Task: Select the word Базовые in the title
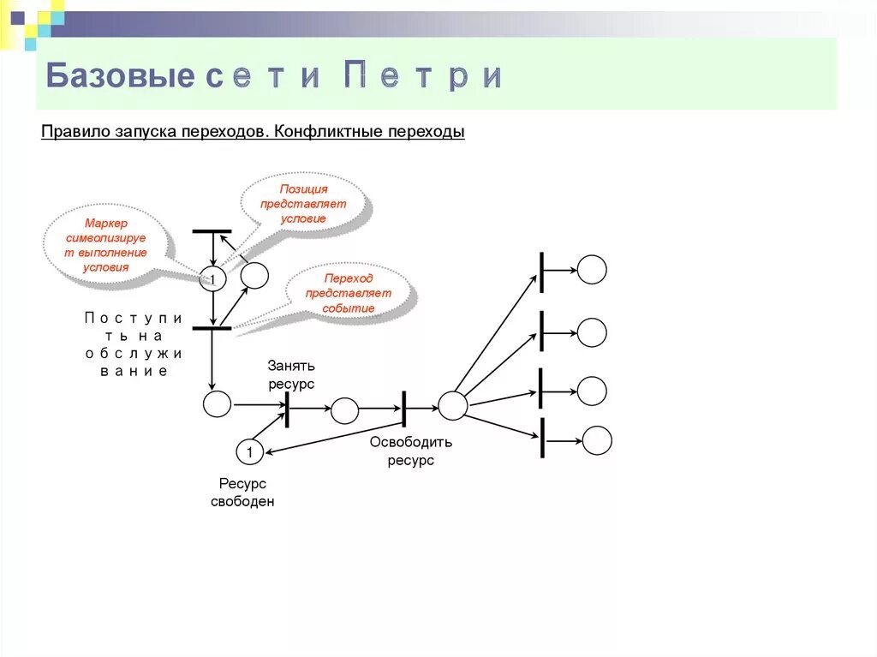tap(120, 76)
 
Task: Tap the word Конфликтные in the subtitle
tap(330, 134)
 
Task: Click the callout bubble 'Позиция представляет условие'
tap(304, 203)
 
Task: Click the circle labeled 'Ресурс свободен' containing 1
tap(248, 451)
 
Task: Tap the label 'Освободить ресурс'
tap(411, 451)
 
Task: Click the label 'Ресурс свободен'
tap(242, 493)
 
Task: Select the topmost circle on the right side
tap(592, 270)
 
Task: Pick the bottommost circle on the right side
tap(597, 440)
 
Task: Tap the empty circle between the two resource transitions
tap(344, 410)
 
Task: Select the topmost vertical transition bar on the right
tap(541, 272)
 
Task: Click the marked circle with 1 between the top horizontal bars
tap(212, 278)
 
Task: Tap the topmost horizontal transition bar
tap(212, 231)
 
